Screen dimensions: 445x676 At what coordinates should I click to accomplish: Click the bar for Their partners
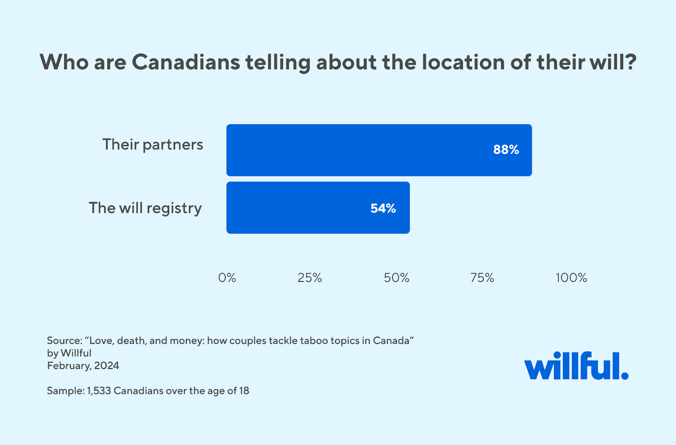coord(379,150)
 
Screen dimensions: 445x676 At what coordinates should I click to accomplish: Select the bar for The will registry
coord(318,207)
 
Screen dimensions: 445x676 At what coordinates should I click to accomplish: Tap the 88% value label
coord(506,150)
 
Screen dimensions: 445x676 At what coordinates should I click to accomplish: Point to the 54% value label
coord(383,208)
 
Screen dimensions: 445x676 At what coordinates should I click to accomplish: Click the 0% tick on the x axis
coord(227,278)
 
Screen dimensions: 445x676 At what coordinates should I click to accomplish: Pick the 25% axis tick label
coord(310,278)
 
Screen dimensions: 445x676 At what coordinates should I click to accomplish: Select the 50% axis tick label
coord(396,278)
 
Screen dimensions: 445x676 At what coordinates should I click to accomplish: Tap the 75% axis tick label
coord(482,278)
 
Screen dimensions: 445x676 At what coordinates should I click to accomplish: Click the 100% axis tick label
coord(571,278)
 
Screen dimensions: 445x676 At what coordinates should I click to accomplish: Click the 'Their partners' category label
coord(153,145)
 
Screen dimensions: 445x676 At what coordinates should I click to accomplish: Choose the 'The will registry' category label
coord(145,208)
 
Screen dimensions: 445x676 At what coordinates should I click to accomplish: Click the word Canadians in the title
coord(186,62)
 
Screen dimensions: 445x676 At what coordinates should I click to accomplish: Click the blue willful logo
coord(575,366)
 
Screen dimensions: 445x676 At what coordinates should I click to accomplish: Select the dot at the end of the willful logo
coord(624,376)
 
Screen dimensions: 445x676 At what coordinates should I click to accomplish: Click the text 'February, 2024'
coord(83,366)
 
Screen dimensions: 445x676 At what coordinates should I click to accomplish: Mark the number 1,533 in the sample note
coord(99,390)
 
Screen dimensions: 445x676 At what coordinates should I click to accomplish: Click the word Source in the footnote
coord(64,341)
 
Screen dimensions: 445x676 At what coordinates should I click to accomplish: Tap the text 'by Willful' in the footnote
coord(69,353)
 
